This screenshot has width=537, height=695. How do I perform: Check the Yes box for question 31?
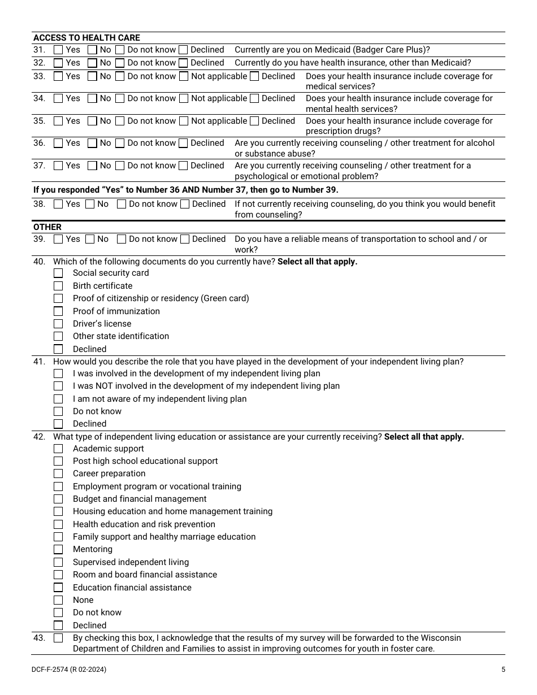pos(58,50)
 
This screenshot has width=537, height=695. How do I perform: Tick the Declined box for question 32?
pos(183,63)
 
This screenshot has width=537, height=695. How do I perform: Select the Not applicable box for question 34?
pos(184,98)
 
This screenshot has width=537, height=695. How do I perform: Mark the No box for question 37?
pos(93,166)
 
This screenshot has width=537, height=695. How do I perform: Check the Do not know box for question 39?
pos(122,239)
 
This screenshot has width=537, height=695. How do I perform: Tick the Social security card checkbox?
pos(58,273)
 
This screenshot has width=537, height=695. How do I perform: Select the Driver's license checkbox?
pos(58,324)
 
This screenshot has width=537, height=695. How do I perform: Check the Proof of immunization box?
pos(58,311)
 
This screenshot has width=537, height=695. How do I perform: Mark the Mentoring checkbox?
pos(58,549)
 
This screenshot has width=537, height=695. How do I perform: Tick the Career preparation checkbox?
pos(58,474)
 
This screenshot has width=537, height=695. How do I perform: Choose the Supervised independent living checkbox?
pos(58,562)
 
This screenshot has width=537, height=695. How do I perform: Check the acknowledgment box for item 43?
pos(58,638)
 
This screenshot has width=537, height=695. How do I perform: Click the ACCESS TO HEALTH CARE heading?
pos(86,38)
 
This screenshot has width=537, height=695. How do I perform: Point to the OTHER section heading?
pos(47,227)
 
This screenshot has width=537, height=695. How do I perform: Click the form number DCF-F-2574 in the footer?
pos(51,670)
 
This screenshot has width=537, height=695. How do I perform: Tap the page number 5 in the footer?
pos(503,670)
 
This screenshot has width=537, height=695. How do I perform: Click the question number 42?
pos(39,437)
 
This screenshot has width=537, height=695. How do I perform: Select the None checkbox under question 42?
pos(58,600)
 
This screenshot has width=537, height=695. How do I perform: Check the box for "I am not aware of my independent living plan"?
pos(58,399)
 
